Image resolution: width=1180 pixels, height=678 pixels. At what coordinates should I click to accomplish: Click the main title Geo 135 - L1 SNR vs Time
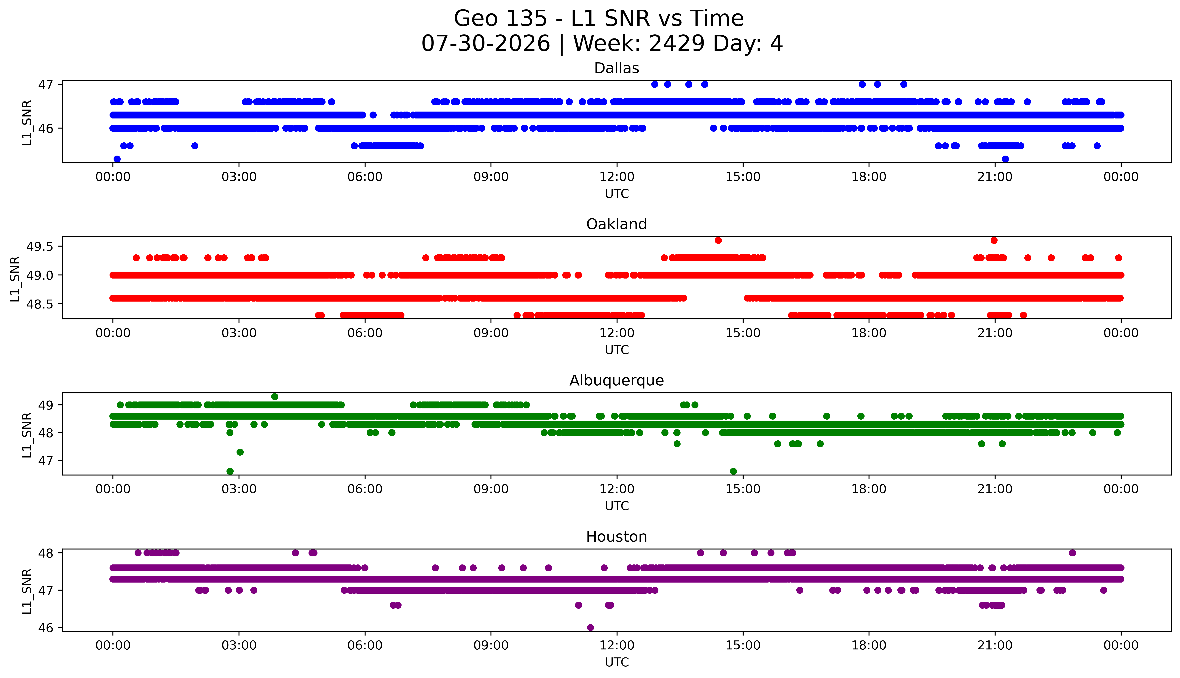[599, 19]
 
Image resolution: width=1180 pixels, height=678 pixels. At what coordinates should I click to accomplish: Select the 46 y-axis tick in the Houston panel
[46, 628]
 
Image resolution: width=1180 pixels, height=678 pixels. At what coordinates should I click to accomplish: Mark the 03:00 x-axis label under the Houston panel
[239, 645]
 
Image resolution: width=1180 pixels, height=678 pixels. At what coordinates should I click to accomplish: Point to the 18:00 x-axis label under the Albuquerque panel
[869, 489]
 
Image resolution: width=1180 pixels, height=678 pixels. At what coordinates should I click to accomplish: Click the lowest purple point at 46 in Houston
[590, 628]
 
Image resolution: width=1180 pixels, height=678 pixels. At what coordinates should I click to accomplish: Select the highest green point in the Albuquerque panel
[275, 397]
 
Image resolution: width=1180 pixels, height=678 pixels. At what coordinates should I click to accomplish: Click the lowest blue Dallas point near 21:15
[1005, 159]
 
